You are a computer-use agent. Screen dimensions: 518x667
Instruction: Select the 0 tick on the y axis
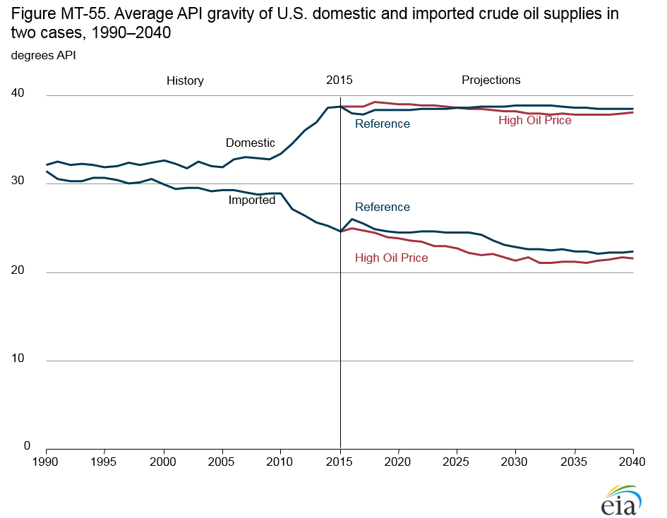coord(28,446)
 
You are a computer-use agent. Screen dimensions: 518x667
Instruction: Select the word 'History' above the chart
coord(185,80)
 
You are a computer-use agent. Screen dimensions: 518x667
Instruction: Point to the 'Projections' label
coord(491,80)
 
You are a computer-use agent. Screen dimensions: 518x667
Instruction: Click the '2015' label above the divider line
coord(339,80)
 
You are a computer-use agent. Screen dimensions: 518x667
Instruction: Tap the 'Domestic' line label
coord(251,143)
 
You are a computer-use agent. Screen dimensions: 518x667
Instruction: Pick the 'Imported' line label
coord(252,200)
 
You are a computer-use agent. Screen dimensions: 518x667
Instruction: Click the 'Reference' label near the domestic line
coord(382,124)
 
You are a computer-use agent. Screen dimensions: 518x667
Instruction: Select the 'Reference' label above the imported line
coord(382,207)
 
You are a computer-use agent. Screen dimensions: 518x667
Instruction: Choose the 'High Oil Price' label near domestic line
coord(535,121)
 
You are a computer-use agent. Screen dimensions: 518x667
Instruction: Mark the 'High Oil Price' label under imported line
coord(392,258)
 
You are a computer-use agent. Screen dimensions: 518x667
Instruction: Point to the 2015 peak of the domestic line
coord(340,107)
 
